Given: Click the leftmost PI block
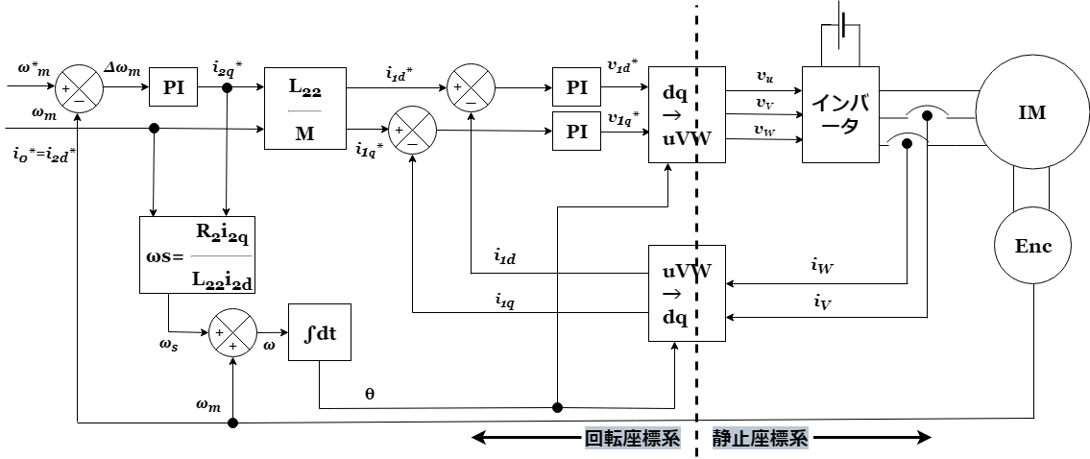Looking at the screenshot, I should tap(173, 88).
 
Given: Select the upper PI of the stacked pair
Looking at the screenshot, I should tap(576, 88).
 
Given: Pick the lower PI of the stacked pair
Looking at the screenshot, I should tap(576, 132).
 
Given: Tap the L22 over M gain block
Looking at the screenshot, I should tap(304, 109).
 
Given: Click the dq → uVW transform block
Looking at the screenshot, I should tap(687, 115).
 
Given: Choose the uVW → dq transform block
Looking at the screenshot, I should tap(687, 293).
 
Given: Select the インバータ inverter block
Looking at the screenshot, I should tap(840, 115).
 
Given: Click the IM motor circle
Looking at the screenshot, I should tap(1031, 113).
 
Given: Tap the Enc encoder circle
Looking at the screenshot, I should tap(1033, 247).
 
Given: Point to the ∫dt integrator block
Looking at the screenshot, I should tap(319, 332).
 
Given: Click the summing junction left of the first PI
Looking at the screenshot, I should tap(79, 89).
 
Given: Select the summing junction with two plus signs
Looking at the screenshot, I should tap(232, 333).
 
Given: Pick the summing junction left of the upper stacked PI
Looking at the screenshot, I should tap(471, 88).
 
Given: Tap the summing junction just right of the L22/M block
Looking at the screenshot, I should tap(412, 130).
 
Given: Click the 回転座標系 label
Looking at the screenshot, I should tap(633, 439).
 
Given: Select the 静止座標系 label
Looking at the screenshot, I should tap(760, 439).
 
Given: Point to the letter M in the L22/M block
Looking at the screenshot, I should tap(304, 133).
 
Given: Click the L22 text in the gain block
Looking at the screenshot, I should tap(304, 86).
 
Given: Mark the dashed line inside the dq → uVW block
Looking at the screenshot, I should tap(698, 115).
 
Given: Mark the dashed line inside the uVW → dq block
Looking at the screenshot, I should tap(698, 293).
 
